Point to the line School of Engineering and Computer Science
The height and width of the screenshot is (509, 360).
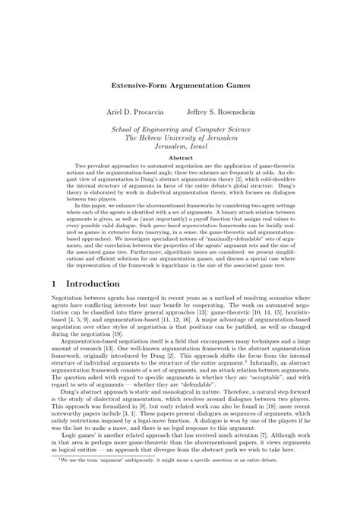point(180,129)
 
